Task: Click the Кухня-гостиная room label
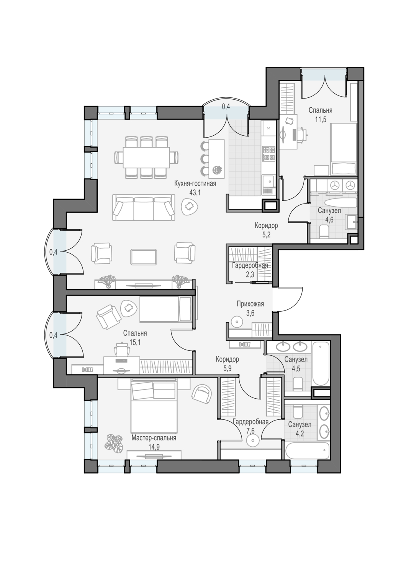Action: pyautogui.click(x=195, y=184)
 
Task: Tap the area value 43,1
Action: pyautogui.click(x=195, y=193)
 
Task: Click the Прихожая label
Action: pyautogui.click(x=250, y=304)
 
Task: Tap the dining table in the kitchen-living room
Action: pyautogui.click(x=146, y=157)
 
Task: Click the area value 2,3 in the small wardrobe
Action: pyautogui.click(x=250, y=275)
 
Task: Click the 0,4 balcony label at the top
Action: pyautogui.click(x=226, y=107)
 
